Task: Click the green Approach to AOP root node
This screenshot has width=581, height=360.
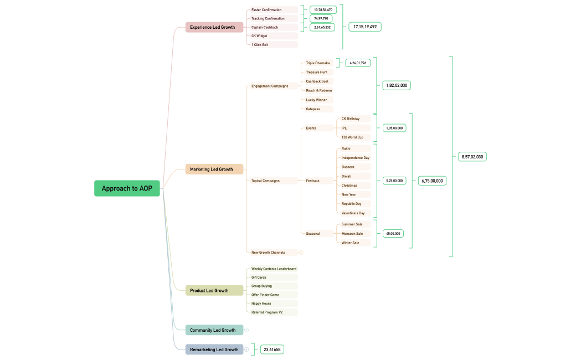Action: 127,188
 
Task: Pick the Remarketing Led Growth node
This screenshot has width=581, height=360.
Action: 214,349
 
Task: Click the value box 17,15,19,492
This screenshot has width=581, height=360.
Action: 364,27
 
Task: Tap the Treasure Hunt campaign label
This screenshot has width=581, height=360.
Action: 317,72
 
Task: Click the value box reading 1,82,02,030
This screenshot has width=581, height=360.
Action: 397,85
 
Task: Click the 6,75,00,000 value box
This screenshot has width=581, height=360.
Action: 432,181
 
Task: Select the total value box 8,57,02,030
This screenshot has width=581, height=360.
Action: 472,157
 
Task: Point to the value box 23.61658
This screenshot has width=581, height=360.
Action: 272,349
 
